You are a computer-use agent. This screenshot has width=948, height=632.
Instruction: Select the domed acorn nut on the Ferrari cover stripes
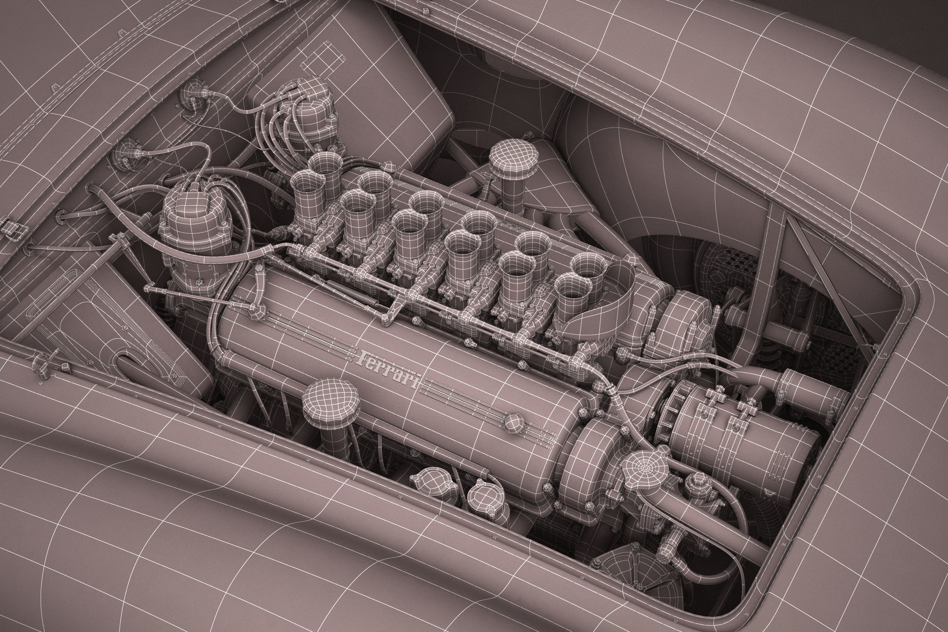tap(513, 422)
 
